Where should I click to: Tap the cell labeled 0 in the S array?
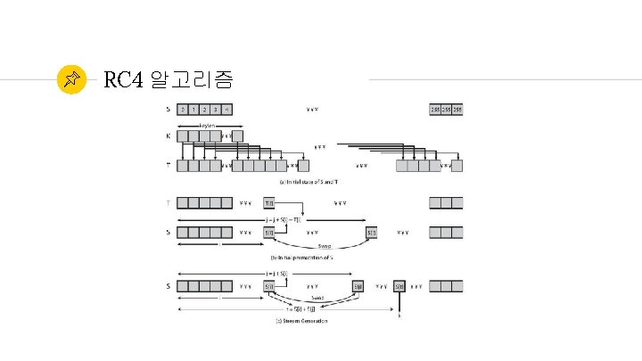(x=183, y=111)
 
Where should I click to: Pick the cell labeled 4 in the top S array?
(x=226, y=111)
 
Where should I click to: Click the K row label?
(x=169, y=136)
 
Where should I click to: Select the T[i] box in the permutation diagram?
(x=269, y=203)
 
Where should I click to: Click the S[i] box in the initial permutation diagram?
(x=269, y=233)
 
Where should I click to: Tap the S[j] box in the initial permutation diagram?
(x=372, y=233)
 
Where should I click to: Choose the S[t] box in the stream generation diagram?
(x=400, y=286)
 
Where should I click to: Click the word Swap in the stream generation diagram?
(x=317, y=298)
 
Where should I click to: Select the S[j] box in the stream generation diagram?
(x=357, y=286)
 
